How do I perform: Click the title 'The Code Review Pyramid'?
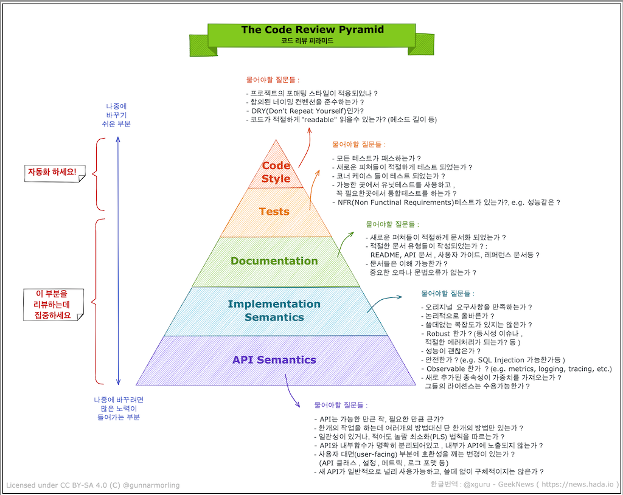pos(312,30)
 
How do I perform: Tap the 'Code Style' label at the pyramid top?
pos(276,171)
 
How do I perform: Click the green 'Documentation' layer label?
pos(274,261)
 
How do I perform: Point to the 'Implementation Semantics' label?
pos(274,310)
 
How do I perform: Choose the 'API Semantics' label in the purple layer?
pos(274,359)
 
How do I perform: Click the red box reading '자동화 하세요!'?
pos(52,172)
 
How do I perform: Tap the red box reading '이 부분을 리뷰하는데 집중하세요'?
pos(52,305)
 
